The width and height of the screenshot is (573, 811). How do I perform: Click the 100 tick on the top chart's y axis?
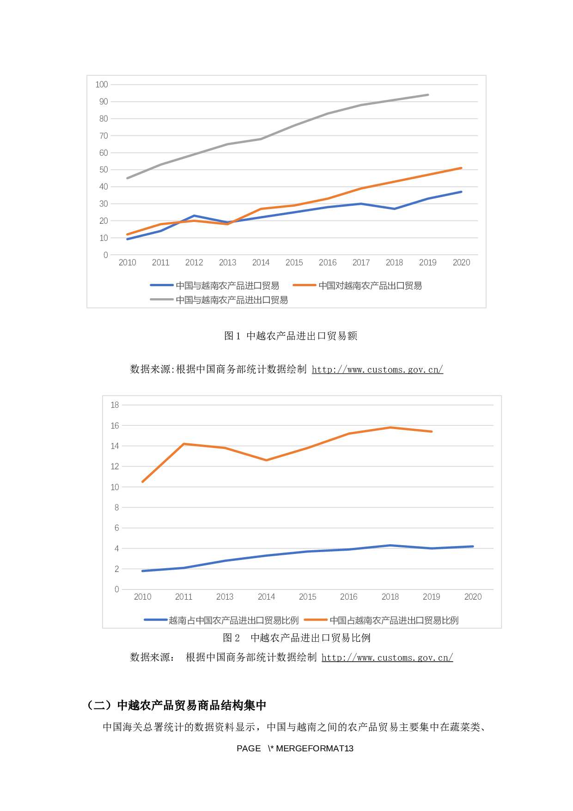[102, 85]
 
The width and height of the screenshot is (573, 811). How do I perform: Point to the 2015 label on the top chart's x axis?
[294, 263]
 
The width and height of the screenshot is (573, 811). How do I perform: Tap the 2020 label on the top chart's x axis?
[461, 263]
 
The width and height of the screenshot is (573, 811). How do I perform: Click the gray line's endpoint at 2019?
[428, 95]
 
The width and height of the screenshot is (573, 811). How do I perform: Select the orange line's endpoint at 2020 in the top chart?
[461, 168]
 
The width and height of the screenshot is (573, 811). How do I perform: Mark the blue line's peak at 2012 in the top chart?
[194, 216]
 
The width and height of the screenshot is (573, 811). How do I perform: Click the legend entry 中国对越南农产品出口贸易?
[370, 286]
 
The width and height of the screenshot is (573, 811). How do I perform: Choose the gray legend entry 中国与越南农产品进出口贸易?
[232, 300]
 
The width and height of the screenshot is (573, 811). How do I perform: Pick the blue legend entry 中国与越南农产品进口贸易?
[227, 286]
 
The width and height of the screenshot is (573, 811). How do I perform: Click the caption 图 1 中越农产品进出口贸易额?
[291, 336]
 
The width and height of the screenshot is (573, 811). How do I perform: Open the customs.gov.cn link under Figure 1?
[378, 369]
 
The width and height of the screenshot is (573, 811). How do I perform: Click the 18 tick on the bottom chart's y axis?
[115, 405]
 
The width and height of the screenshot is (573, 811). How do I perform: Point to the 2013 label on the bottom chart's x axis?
[225, 597]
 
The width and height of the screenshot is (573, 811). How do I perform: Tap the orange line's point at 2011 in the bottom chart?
[184, 444]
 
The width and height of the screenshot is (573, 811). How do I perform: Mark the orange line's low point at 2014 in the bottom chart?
[266, 460]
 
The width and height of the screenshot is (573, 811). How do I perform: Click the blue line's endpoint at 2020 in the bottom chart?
[473, 547]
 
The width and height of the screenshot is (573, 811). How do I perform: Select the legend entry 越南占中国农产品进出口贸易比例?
[233, 621]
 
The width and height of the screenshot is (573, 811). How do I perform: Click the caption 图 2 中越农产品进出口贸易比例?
[297, 638]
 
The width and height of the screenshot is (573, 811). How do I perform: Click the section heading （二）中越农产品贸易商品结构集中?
[177, 706]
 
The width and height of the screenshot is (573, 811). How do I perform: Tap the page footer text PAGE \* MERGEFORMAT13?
[295, 749]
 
